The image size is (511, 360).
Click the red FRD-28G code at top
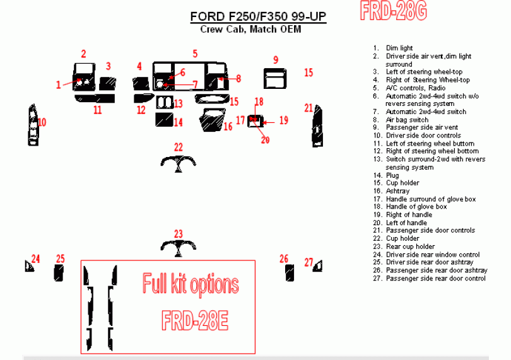[394, 11]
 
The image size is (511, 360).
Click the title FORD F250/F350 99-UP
[258, 16]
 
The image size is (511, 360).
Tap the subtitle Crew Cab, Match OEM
[250, 30]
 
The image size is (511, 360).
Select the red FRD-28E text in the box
[195, 320]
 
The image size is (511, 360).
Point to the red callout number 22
[179, 148]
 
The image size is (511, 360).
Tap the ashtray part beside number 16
[212, 120]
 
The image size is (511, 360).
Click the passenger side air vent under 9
[275, 79]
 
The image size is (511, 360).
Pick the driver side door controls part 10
[33, 125]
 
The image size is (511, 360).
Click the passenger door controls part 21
[318, 126]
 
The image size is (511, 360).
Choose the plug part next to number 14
[164, 120]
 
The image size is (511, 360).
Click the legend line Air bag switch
[407, 120]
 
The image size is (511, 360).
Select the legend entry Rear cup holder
[410, 247]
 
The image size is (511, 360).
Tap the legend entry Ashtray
[397, 191]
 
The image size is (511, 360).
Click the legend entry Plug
[392, 175]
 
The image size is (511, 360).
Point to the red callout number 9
[276, 60]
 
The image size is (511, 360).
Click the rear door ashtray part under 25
[59, 273]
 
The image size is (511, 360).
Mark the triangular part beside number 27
[319, 267]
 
